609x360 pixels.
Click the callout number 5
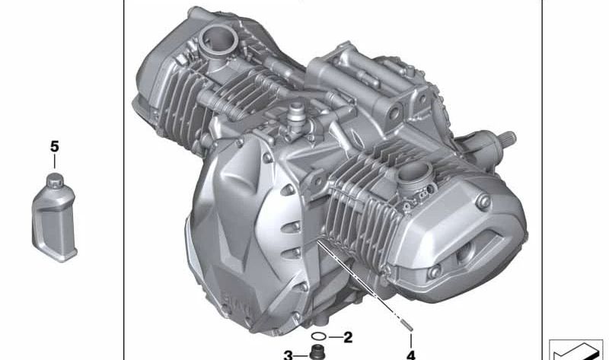pos(54,145)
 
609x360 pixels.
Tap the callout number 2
pos(348,336)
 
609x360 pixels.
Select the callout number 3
pos(289,355)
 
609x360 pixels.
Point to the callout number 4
pos(411,354)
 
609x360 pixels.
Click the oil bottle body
pos(53,221)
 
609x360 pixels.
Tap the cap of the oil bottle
pos(54,180)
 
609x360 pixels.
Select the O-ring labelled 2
pos(320,336)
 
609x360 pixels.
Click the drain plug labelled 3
pos(314,353)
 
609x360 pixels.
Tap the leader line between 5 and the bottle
pos(54,162)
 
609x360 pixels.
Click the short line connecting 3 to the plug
pos(300,355)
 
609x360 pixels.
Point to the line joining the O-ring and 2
pos(335,336)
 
